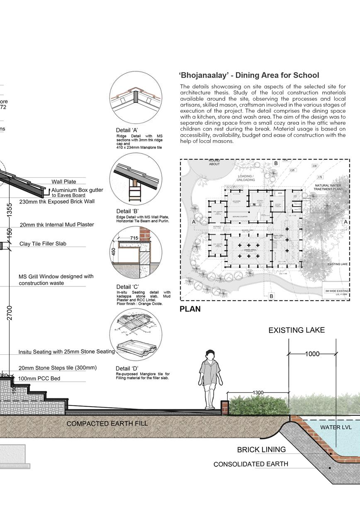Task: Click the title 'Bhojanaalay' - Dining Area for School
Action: point(249,75)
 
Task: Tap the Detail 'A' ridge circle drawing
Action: point(136,97)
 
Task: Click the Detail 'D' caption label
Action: point(127,369)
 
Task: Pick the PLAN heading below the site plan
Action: point(190,309)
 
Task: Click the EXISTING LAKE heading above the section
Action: point(297,330)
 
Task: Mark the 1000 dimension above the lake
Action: point(312,354)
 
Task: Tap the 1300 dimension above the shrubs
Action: point(258,393)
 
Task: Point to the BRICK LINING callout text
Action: point(261,450)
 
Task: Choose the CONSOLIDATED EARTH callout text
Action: point(251,464)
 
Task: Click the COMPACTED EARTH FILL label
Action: point(107,424)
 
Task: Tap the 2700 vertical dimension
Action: point(10,313)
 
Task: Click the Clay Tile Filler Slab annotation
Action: point(43,244)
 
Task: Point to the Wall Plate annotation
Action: point(64,182)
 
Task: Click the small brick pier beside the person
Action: point(224,407)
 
